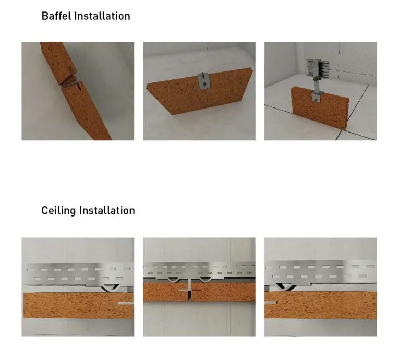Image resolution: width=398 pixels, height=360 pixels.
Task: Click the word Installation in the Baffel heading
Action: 102,16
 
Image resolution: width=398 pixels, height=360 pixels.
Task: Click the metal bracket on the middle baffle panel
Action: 203,80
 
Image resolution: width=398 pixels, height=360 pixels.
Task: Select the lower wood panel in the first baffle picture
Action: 89,112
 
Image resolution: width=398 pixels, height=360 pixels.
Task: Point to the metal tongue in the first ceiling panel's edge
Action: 126,303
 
